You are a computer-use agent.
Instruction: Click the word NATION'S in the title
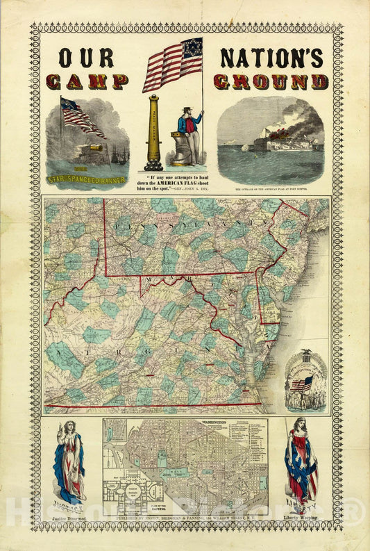[x=271, y=58]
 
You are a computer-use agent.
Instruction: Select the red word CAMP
[x=86, y=81]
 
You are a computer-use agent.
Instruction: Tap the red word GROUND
[x=271, y=81]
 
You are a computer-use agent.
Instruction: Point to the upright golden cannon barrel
[x=154, y=132]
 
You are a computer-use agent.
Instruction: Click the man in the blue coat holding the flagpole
[x=188, y=135]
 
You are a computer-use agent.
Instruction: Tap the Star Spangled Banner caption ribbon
[x=87, y=179]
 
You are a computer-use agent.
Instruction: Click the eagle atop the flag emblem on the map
[x=306, y=355]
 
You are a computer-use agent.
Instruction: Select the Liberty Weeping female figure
[x=301, y=462]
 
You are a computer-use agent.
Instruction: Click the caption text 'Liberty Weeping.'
[x=301, y=518]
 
